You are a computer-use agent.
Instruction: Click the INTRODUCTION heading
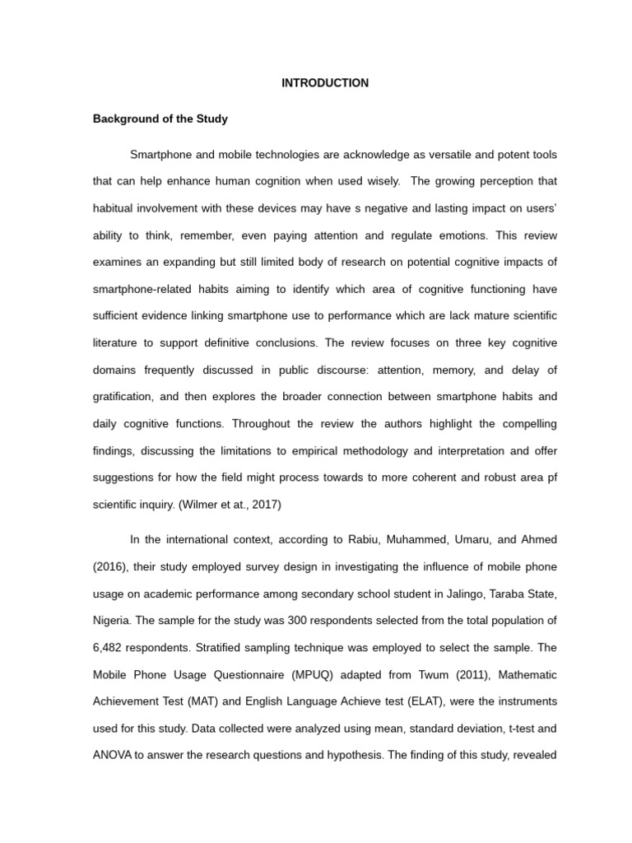tap(325, 83)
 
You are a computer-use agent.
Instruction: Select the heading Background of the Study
tap(160, 119)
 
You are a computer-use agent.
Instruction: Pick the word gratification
tap(123, 396)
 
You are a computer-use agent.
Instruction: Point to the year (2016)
tap(114, 566)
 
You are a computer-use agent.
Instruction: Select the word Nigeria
tap(113, 620)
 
